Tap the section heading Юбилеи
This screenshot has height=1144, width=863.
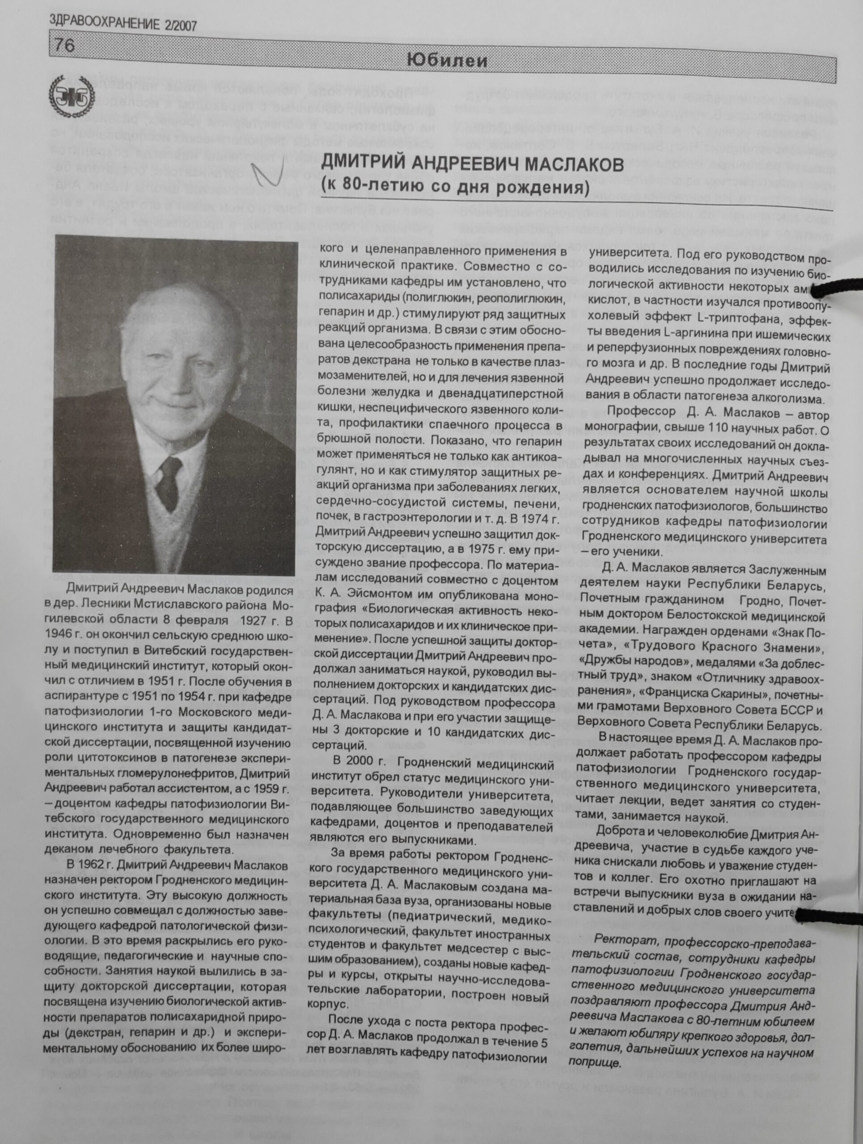(447, 62)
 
